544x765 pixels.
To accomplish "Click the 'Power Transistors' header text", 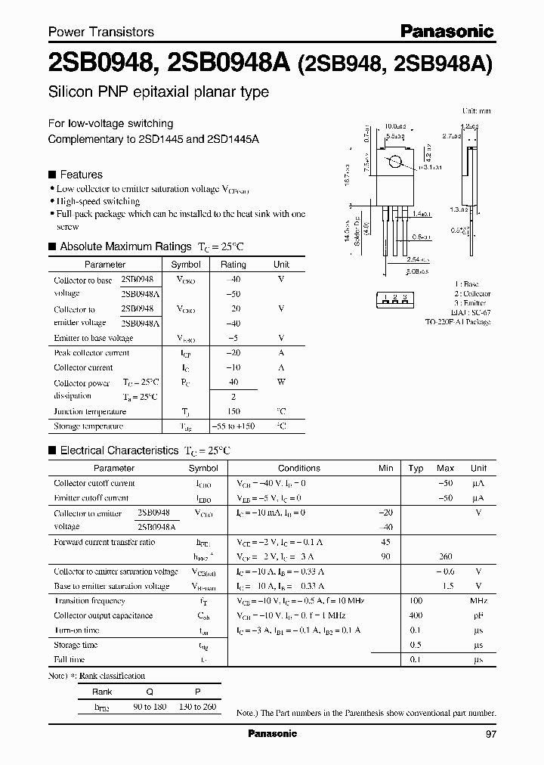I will tap(101, 32).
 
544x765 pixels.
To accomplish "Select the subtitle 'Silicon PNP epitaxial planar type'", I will tap(159, 92).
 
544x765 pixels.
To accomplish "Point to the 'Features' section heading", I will tap(81, 174).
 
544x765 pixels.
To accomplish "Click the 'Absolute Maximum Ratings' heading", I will tap(125, 246).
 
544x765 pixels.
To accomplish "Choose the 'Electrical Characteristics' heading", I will tap(119, 450).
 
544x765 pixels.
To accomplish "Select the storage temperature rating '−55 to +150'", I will tap(232, 426).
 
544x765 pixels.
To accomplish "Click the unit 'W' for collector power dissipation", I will tap(281, 382).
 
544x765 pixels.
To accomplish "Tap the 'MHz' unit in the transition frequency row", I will tap(478, 600).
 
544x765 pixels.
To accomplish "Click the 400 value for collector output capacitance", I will tap(416, 615).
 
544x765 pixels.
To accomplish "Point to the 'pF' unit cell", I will tap(478, 615).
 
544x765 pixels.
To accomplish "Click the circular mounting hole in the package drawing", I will tap(394, 163).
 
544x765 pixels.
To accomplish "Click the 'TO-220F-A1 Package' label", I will tap(457, 322).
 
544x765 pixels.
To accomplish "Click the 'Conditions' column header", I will tap(298, 468).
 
